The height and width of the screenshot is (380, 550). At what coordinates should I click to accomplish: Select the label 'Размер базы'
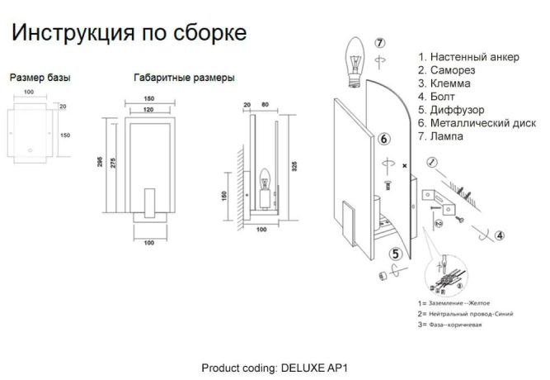(x=40, y=78)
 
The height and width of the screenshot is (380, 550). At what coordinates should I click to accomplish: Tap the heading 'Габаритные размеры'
(x=184, y=78)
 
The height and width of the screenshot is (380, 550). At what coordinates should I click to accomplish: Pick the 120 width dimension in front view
(x=149, y=109)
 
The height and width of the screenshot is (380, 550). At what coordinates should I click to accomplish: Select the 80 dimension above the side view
(x=264, y=105)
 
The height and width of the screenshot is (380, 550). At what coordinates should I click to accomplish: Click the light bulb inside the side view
(x=266, y=178)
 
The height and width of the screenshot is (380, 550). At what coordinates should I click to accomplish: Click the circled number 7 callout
(x=379, y=43)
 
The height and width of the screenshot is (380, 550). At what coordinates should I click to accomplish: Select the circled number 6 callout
(x=384, y=140)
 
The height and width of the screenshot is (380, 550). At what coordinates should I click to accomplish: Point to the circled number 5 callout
(x=397, y=254)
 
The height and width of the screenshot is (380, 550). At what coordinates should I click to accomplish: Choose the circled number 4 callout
(x=500, y=235)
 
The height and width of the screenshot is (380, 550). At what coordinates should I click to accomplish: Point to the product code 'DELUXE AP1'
(x=315, y=367)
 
